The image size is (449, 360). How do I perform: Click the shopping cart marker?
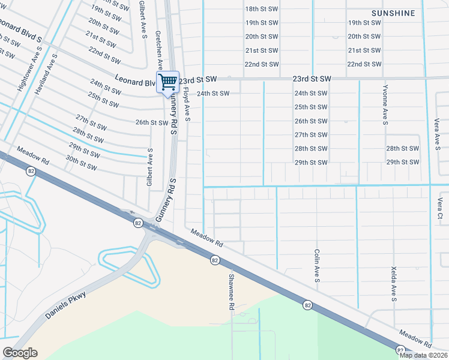[168, 82]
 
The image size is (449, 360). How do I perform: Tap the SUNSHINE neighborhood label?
[393, 13]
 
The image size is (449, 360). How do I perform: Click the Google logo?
[20, 353]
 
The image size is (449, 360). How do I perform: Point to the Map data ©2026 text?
[423, 355]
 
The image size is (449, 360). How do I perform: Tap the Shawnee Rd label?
[231, 292]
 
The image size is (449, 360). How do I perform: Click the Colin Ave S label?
[318, 266]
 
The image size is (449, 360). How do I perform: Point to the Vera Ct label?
[440, 208]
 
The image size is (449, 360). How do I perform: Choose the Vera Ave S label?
[437, 133]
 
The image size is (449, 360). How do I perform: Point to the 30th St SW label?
[82, 162]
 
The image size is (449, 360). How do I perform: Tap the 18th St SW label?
[262, 9]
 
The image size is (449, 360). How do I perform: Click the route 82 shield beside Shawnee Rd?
[214, 260]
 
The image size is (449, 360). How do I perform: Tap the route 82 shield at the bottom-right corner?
[400, 349]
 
